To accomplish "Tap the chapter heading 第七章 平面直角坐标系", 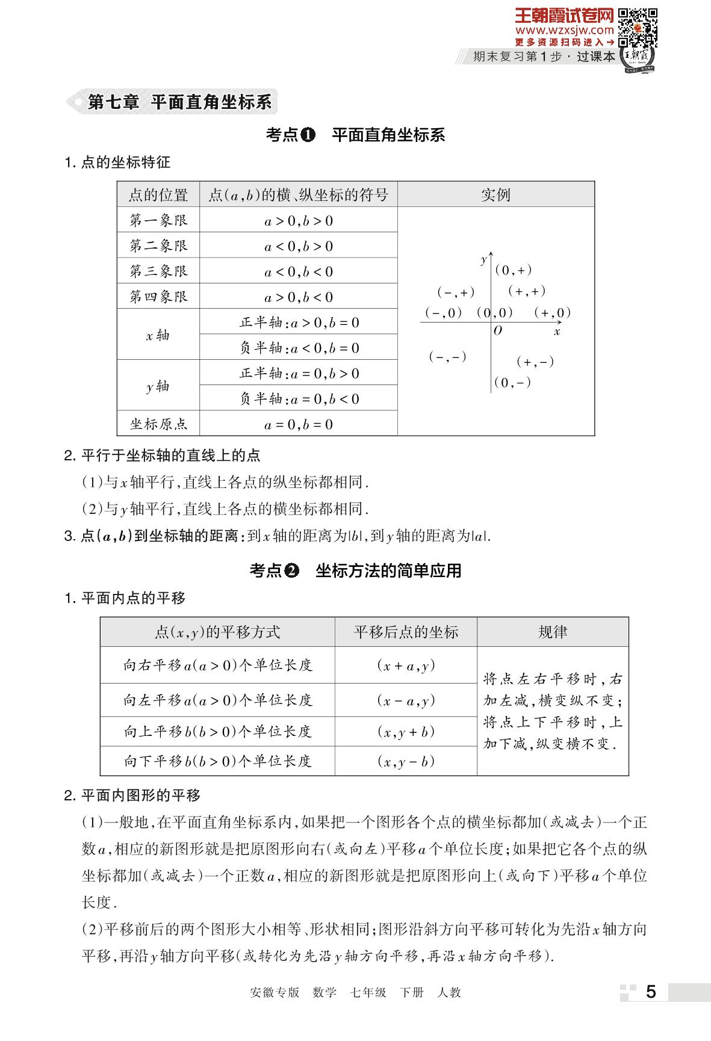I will point(179,102).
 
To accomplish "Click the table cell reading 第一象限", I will point(158,220).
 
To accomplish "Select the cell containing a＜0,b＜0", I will point(299,271).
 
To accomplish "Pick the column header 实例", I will point(495,195).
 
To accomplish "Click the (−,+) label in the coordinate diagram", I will point(456,292).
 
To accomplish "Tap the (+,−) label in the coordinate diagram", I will point(535,362).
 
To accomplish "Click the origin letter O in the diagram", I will point(497,330).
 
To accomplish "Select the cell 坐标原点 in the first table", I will point(158,424).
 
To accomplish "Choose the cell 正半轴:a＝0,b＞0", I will point(299,373).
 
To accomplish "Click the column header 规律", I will point(552,632).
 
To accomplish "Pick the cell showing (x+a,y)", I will point(406,666).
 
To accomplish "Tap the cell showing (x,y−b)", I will point(406,761).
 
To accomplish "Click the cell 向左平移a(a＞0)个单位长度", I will point(217,700).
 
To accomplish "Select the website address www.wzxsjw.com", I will point(564,29).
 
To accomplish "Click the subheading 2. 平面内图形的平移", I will point(132,795).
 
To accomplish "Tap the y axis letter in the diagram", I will point(483,260).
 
